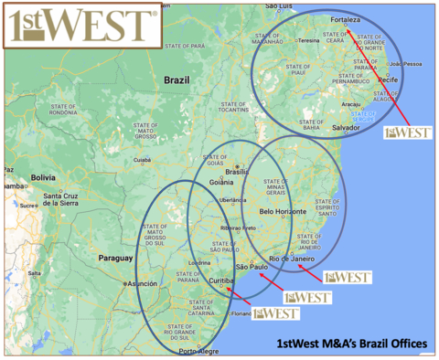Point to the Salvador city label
click(x=348, y=127)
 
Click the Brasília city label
click(x=238, y=171)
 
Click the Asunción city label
click(x=142, y=284)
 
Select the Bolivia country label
click(x=43, y=177)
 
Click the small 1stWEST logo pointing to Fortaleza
click(x=408, y=132)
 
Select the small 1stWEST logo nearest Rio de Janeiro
click(x=347, y=276)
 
